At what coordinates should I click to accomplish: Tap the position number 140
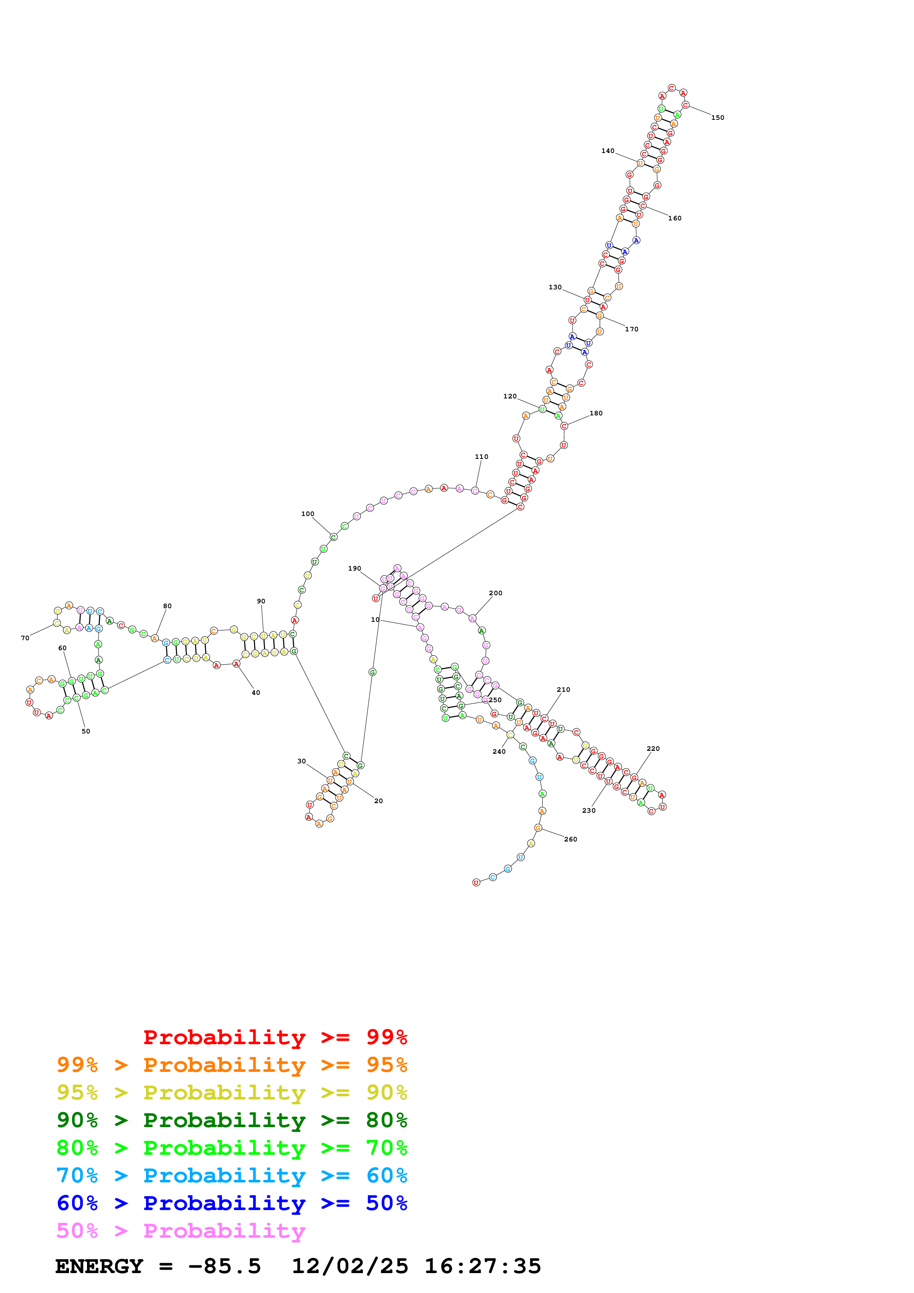click(x=608, y=151)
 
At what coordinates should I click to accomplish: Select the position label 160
click(x=675, y=219)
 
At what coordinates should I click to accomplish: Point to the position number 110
click(x=482, y=457)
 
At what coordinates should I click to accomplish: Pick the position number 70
click(x=25, y=638)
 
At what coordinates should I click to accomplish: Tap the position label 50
click(x=86, y=732)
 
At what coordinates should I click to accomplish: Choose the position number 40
click(x=256, y=693)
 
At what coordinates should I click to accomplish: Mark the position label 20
click(x=378, y=801)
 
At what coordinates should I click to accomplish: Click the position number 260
click(x=570, y=839)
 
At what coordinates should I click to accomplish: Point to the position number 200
click(x=496, y=593)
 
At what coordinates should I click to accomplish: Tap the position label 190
click(x=354, y=568)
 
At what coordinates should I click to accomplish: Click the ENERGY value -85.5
click(x=224, y=1266)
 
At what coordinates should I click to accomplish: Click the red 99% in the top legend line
click(x=386, y=1037)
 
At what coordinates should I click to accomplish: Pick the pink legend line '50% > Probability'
click(x=181, y=1231)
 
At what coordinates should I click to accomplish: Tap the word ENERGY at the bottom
click(x=99, y=1266)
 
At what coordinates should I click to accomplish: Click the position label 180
click(x=596, y=413)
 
